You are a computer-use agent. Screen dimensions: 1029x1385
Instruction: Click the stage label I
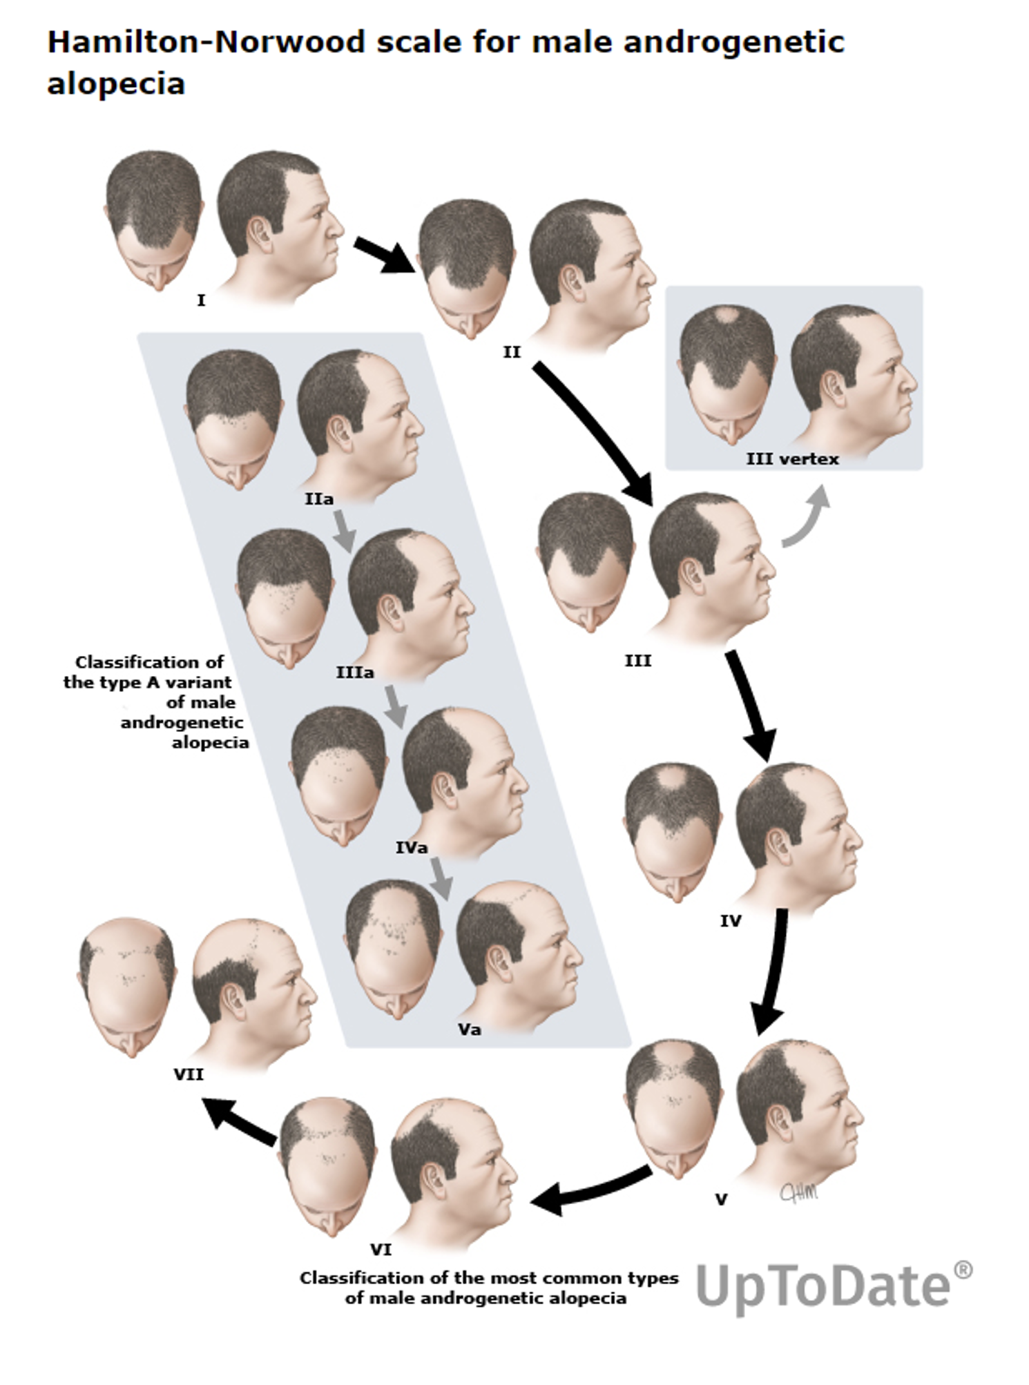pos(201,300)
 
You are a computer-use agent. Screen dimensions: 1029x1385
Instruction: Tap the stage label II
pos(511,352)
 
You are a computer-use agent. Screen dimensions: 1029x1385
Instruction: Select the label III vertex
pos(792,459)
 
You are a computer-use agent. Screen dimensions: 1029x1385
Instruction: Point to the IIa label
pos(319,498)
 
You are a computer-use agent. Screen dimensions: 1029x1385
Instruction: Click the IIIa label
pos(355,672)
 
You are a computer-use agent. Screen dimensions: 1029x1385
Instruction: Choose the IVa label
pos(412,847)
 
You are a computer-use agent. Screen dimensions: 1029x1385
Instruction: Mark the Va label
pos(470,1029)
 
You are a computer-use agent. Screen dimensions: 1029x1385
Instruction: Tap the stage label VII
pos(189,1074)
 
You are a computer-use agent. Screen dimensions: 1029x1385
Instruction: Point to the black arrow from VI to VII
pos(240,1123)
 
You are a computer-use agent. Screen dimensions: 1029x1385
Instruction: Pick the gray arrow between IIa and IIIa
pos(343,530)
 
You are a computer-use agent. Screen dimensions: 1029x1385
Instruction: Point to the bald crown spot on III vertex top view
pos(727,316)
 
